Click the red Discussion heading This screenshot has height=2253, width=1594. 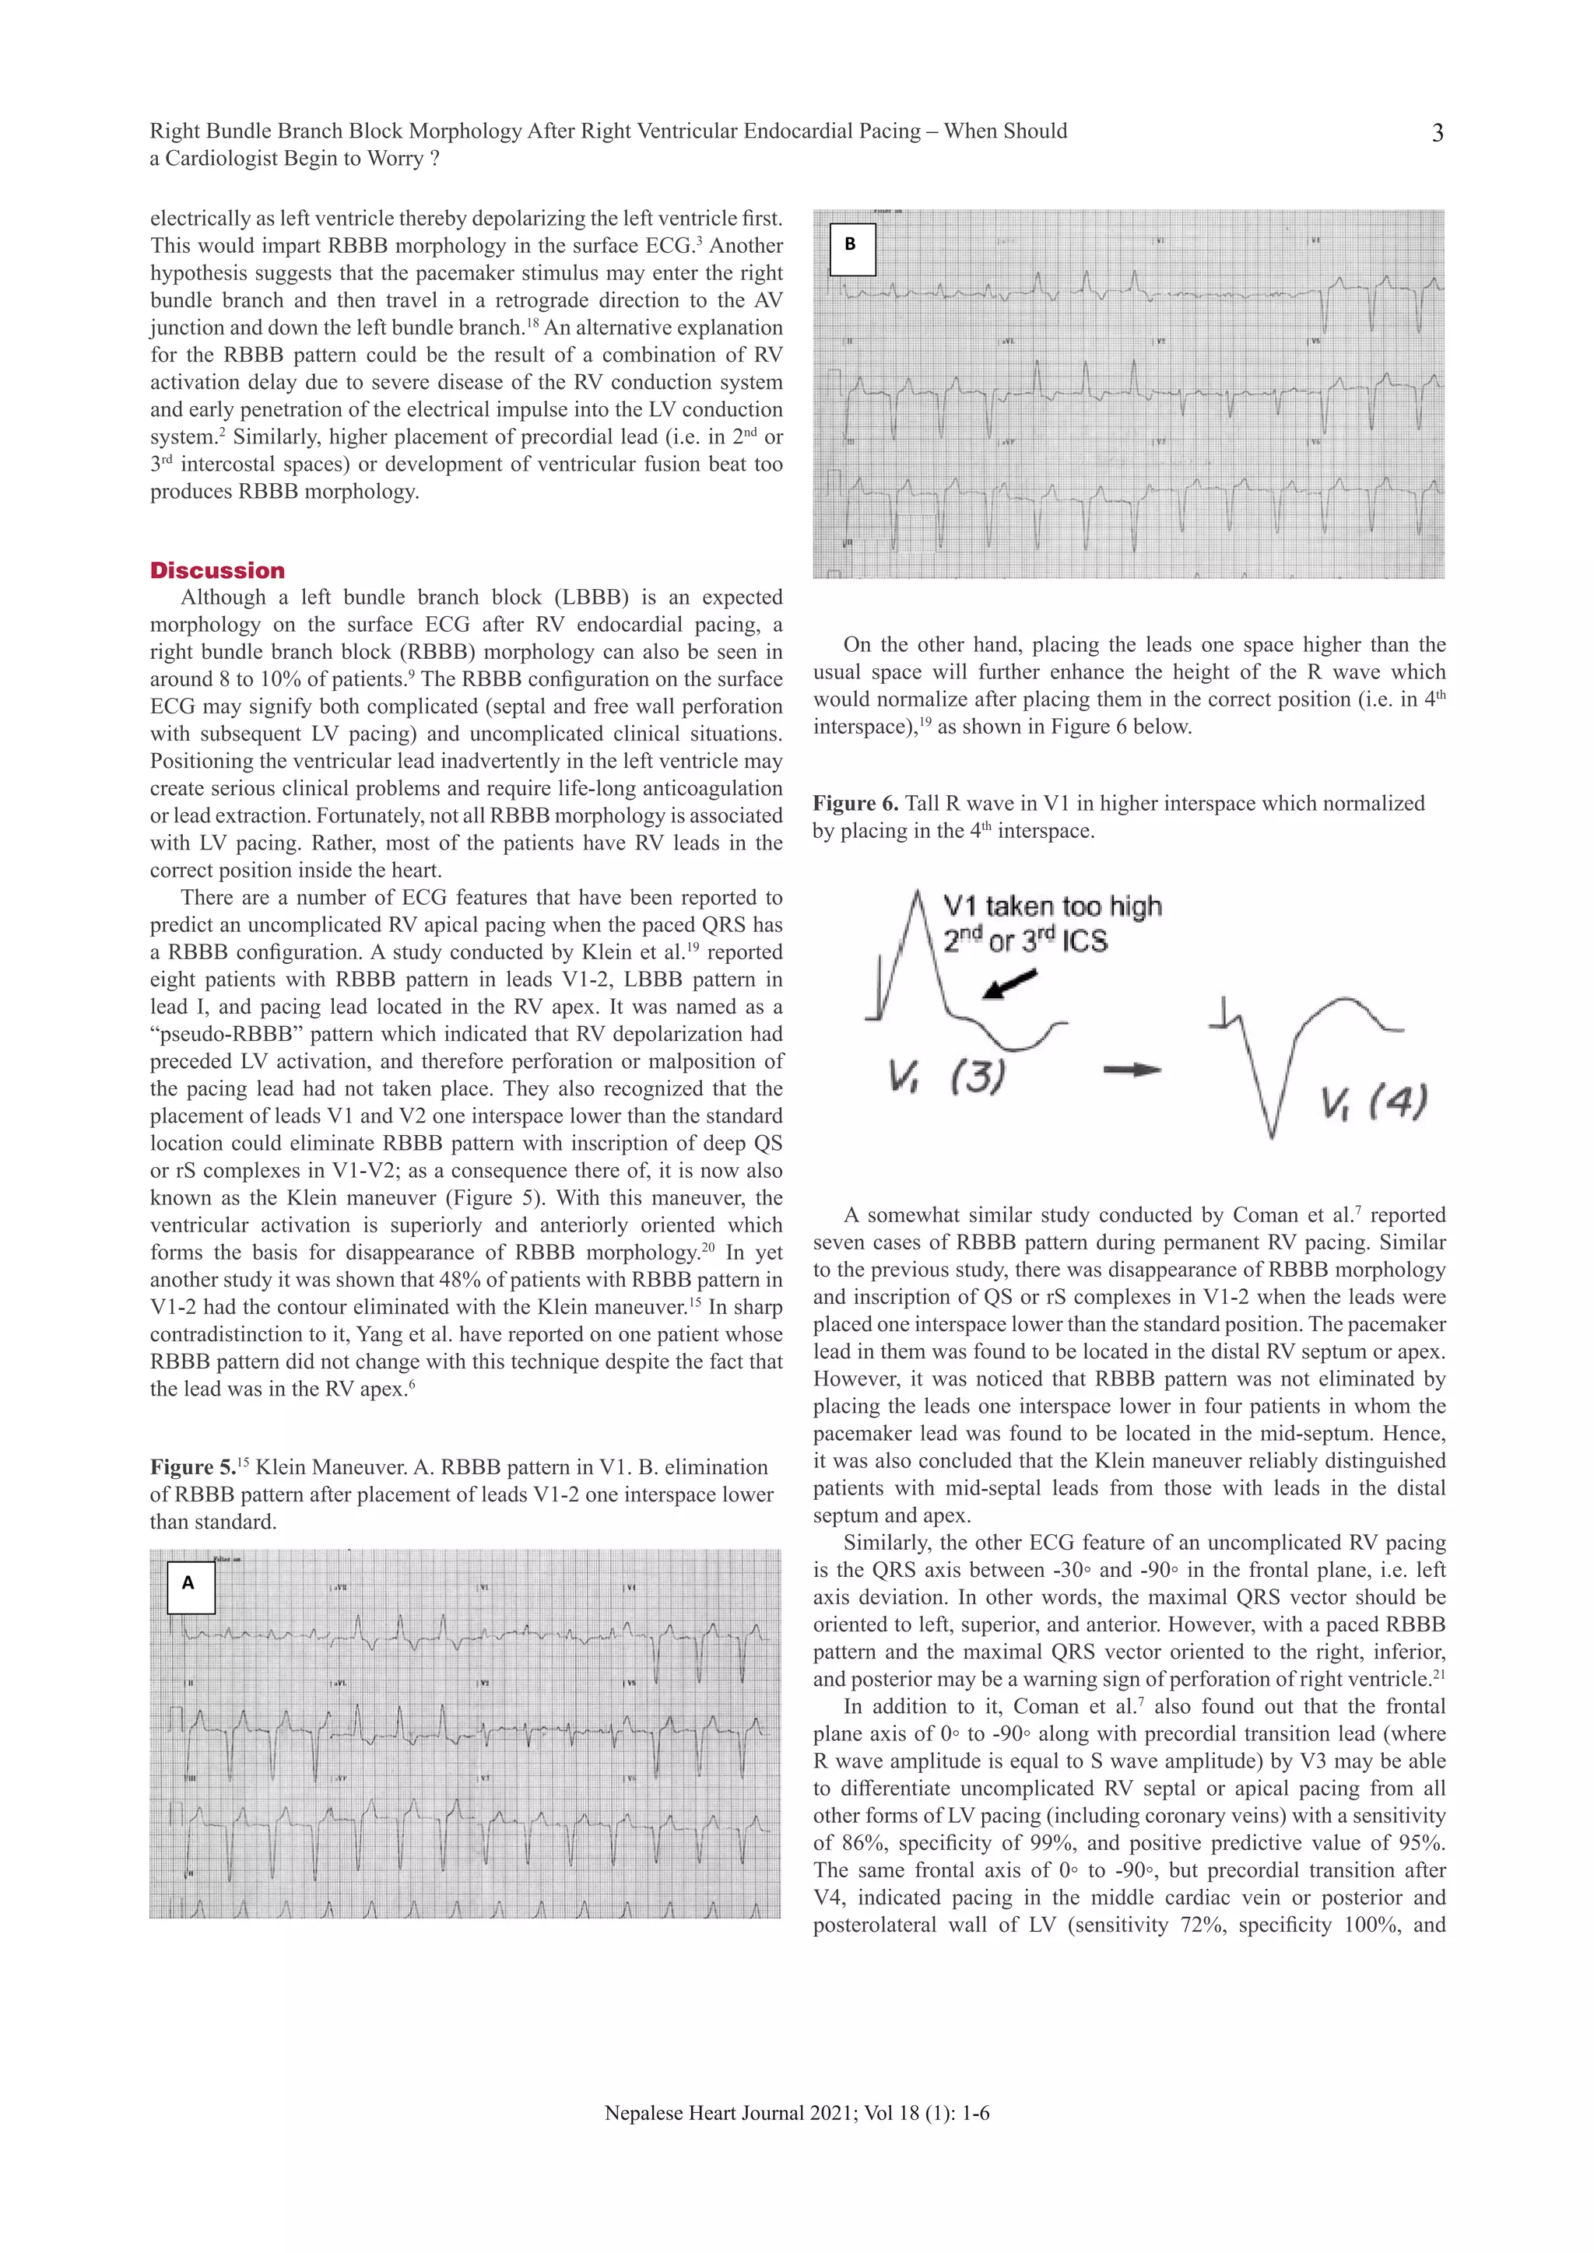coord(217,571)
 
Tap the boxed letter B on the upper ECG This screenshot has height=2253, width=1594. coord(850,245)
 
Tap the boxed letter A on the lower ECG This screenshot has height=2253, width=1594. coord(188,1583)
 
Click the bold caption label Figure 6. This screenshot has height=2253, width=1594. coord(855,804)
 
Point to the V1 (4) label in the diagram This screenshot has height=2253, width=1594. coord(1373,1103)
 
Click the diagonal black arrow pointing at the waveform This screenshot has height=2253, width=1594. coord(1011,984)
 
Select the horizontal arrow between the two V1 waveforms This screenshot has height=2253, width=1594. coord(1132,1070)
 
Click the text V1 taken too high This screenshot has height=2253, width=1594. coord(1052,906)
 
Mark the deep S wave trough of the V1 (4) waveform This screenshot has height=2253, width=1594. coord(1271,1135)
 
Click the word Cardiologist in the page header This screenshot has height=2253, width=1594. coord(222,159)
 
